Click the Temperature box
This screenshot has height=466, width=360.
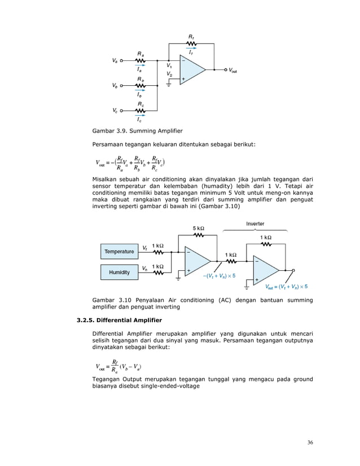[x=119, y=252]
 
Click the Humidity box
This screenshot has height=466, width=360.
[x=119, y=272]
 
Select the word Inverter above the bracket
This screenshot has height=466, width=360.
[x=255, y=224]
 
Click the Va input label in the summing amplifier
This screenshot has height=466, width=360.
[x=115, y=60]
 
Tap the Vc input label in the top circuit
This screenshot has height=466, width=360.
[x=115, y=110]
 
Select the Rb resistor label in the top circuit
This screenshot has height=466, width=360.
[x=140, y=79]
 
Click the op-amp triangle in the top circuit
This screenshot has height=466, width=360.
[x=191, y=71]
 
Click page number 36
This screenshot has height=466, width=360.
[x=310, y=442]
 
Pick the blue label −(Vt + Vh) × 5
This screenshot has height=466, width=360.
[x=218, y=276]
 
